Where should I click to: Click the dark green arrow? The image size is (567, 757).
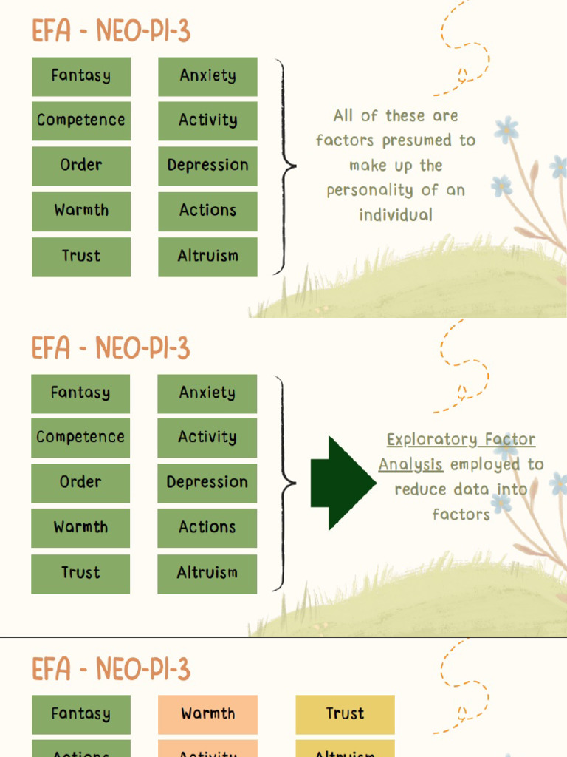[342, 483]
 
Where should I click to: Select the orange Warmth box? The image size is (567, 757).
[207, 713]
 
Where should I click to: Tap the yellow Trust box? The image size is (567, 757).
[345, 713]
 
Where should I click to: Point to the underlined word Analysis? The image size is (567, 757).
[410, 465]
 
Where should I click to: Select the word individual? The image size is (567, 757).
[396, 215]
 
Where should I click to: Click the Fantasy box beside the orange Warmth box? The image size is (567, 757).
[80, 713]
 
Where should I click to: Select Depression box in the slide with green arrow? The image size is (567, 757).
[207, 482]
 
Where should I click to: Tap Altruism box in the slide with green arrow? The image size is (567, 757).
[207, 572]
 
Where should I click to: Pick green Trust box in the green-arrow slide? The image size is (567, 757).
[80, 572]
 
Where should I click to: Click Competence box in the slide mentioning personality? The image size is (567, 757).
[81, 120]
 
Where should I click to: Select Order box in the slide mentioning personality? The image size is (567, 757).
[81, 165]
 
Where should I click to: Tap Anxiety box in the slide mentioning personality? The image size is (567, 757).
[207, 75]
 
